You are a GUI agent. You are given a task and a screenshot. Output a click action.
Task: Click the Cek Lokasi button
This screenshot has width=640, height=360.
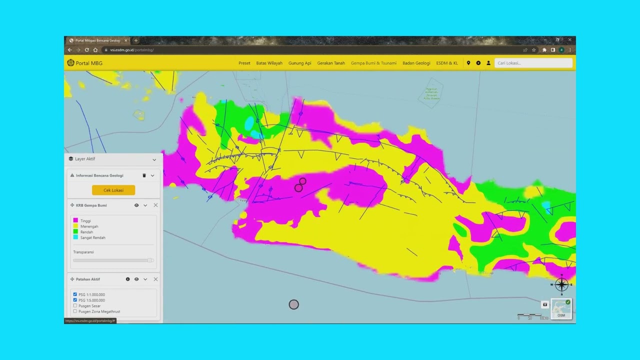(x=113, y=190)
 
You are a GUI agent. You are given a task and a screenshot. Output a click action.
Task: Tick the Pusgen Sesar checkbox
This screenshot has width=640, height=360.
(x=75, y=305)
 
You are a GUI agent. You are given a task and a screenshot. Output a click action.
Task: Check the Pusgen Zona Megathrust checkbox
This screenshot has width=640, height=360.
(x=75, y=311)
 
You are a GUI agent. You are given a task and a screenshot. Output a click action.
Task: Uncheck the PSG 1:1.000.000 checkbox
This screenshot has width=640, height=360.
(x=75, y=294)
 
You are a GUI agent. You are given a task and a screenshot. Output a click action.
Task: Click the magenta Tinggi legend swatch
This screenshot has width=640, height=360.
(x=75, y=220)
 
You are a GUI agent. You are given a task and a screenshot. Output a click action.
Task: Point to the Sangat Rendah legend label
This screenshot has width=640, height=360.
(x=92, y=237)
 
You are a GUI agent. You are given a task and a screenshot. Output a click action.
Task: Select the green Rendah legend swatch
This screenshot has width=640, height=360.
(x=75, y=231)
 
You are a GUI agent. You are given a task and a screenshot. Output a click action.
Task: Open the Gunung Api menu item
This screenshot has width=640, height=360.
(x=299, y=63)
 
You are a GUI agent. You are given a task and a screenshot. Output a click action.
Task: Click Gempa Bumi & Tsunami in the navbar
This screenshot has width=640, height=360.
(x=373, y=63)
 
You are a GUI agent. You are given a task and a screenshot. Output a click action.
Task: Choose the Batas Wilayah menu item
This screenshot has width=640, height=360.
(x=269, y=63)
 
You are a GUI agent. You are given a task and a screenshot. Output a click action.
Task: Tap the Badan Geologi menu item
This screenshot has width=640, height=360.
(x=416, y=63)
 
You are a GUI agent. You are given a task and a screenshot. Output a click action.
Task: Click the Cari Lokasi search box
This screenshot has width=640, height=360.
(x=533, y=63)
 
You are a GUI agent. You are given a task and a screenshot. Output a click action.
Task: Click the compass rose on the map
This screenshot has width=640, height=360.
(x=561, y=284)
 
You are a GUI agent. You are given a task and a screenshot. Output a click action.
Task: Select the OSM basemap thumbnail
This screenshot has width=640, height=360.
(x=561, y=308)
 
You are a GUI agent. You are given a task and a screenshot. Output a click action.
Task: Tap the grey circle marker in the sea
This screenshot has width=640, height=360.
(x=293, y=304)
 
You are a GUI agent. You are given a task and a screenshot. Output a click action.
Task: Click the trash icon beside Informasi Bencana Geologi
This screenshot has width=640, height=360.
(x=144, y=175)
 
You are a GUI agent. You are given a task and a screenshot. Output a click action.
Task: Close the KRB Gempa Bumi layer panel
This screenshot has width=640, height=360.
(x=155, y=205)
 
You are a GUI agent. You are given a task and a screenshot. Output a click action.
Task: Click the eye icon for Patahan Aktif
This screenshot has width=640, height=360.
(x=136, y=279)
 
